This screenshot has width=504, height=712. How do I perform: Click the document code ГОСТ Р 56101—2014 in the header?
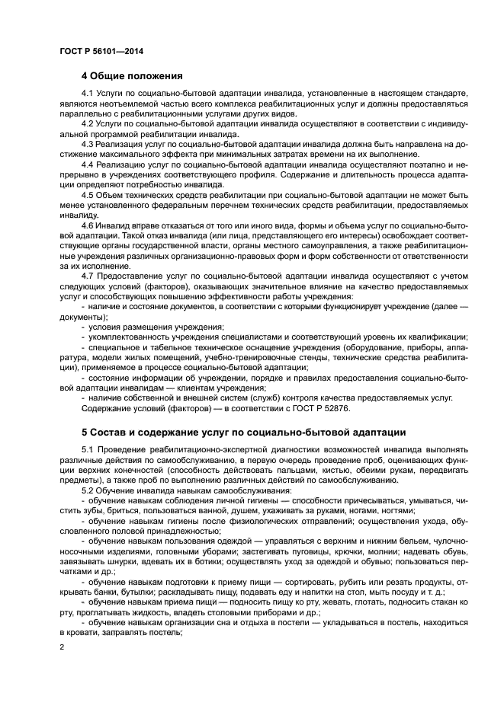[101, 51]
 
